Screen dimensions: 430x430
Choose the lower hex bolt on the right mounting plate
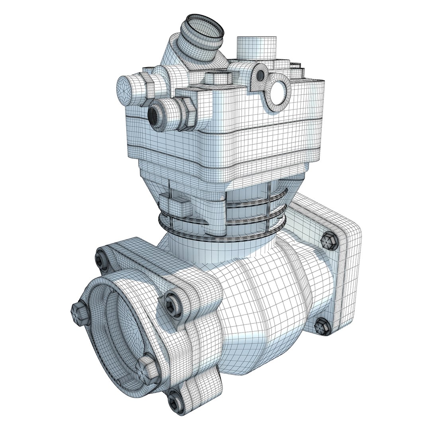[x=322, y=326]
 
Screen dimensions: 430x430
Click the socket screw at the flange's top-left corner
[x=101, y=260]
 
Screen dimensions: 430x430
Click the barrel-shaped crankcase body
[x=263, y=303]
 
